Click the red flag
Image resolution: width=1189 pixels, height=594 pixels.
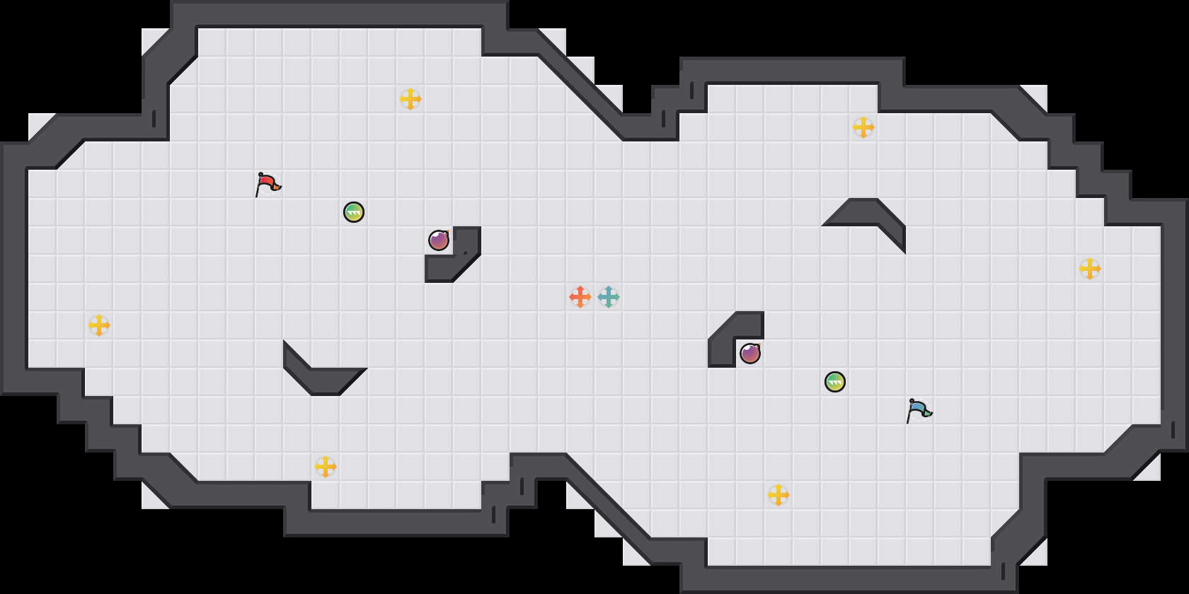pos(268,183)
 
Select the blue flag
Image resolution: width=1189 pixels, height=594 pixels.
pos(919,409)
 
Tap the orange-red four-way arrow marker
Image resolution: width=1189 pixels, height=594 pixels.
pos(580,297)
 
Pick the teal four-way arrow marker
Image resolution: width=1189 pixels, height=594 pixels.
pos(609,297)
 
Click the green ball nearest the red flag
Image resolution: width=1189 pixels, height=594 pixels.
pos(354,212)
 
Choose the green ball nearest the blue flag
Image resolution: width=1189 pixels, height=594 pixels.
pos(835,382)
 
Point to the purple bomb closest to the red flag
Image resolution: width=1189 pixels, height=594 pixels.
pos(439,240)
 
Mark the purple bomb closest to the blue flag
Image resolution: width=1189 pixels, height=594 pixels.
pos(750,354)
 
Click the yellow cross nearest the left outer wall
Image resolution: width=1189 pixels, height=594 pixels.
pos(99,325)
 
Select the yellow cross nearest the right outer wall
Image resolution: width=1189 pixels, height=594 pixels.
pos(1090,269)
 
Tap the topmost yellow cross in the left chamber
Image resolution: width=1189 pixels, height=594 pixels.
pos(410,99)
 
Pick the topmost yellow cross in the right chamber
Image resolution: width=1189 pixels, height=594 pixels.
pos(863,127)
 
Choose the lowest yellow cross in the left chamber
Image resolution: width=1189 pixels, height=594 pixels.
pos(326,467)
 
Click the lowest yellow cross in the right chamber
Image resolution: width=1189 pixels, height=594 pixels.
pos(779,495)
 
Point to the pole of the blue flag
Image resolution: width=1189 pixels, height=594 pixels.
pos(909,413)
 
